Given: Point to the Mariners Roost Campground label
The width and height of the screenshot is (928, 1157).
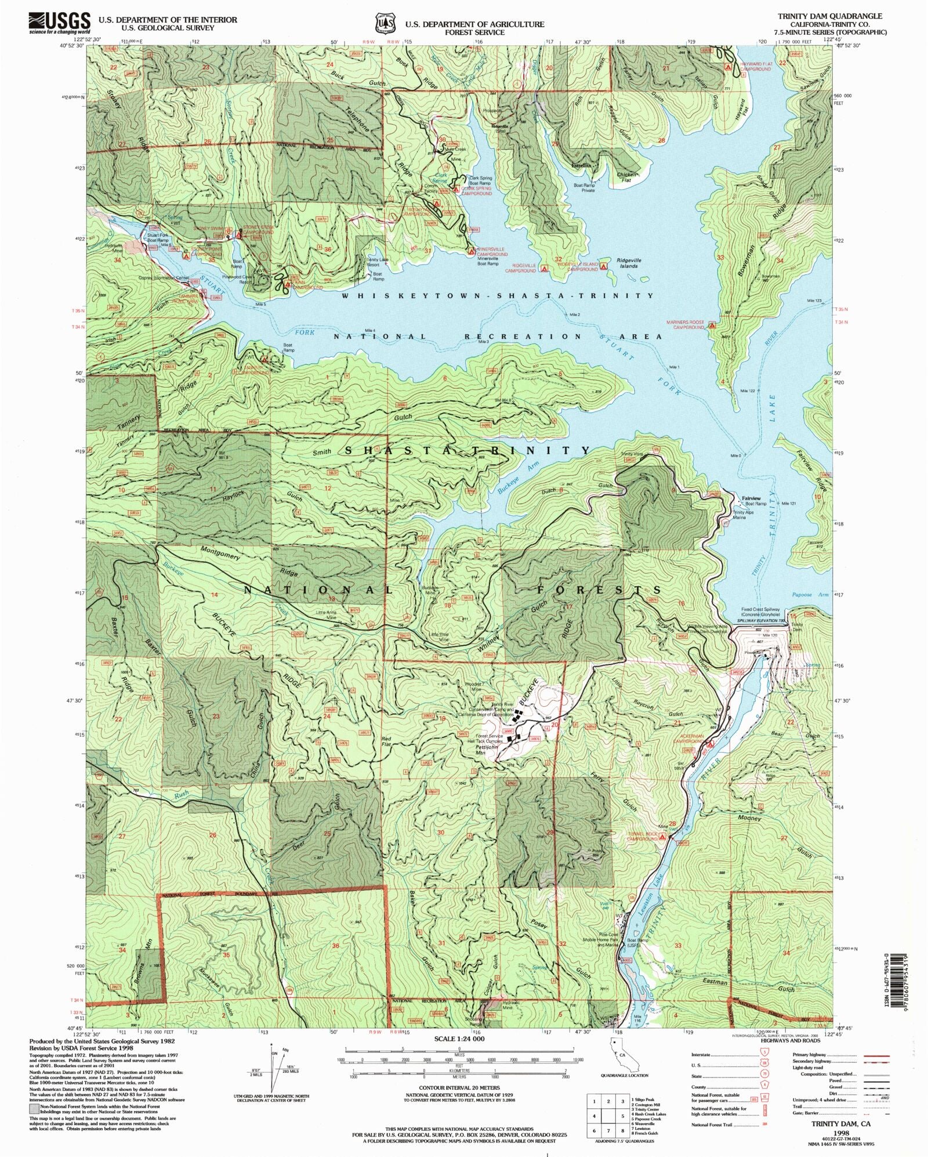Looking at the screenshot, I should tap(688, 325).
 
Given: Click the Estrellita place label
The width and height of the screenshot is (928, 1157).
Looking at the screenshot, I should tap(582, 165).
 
